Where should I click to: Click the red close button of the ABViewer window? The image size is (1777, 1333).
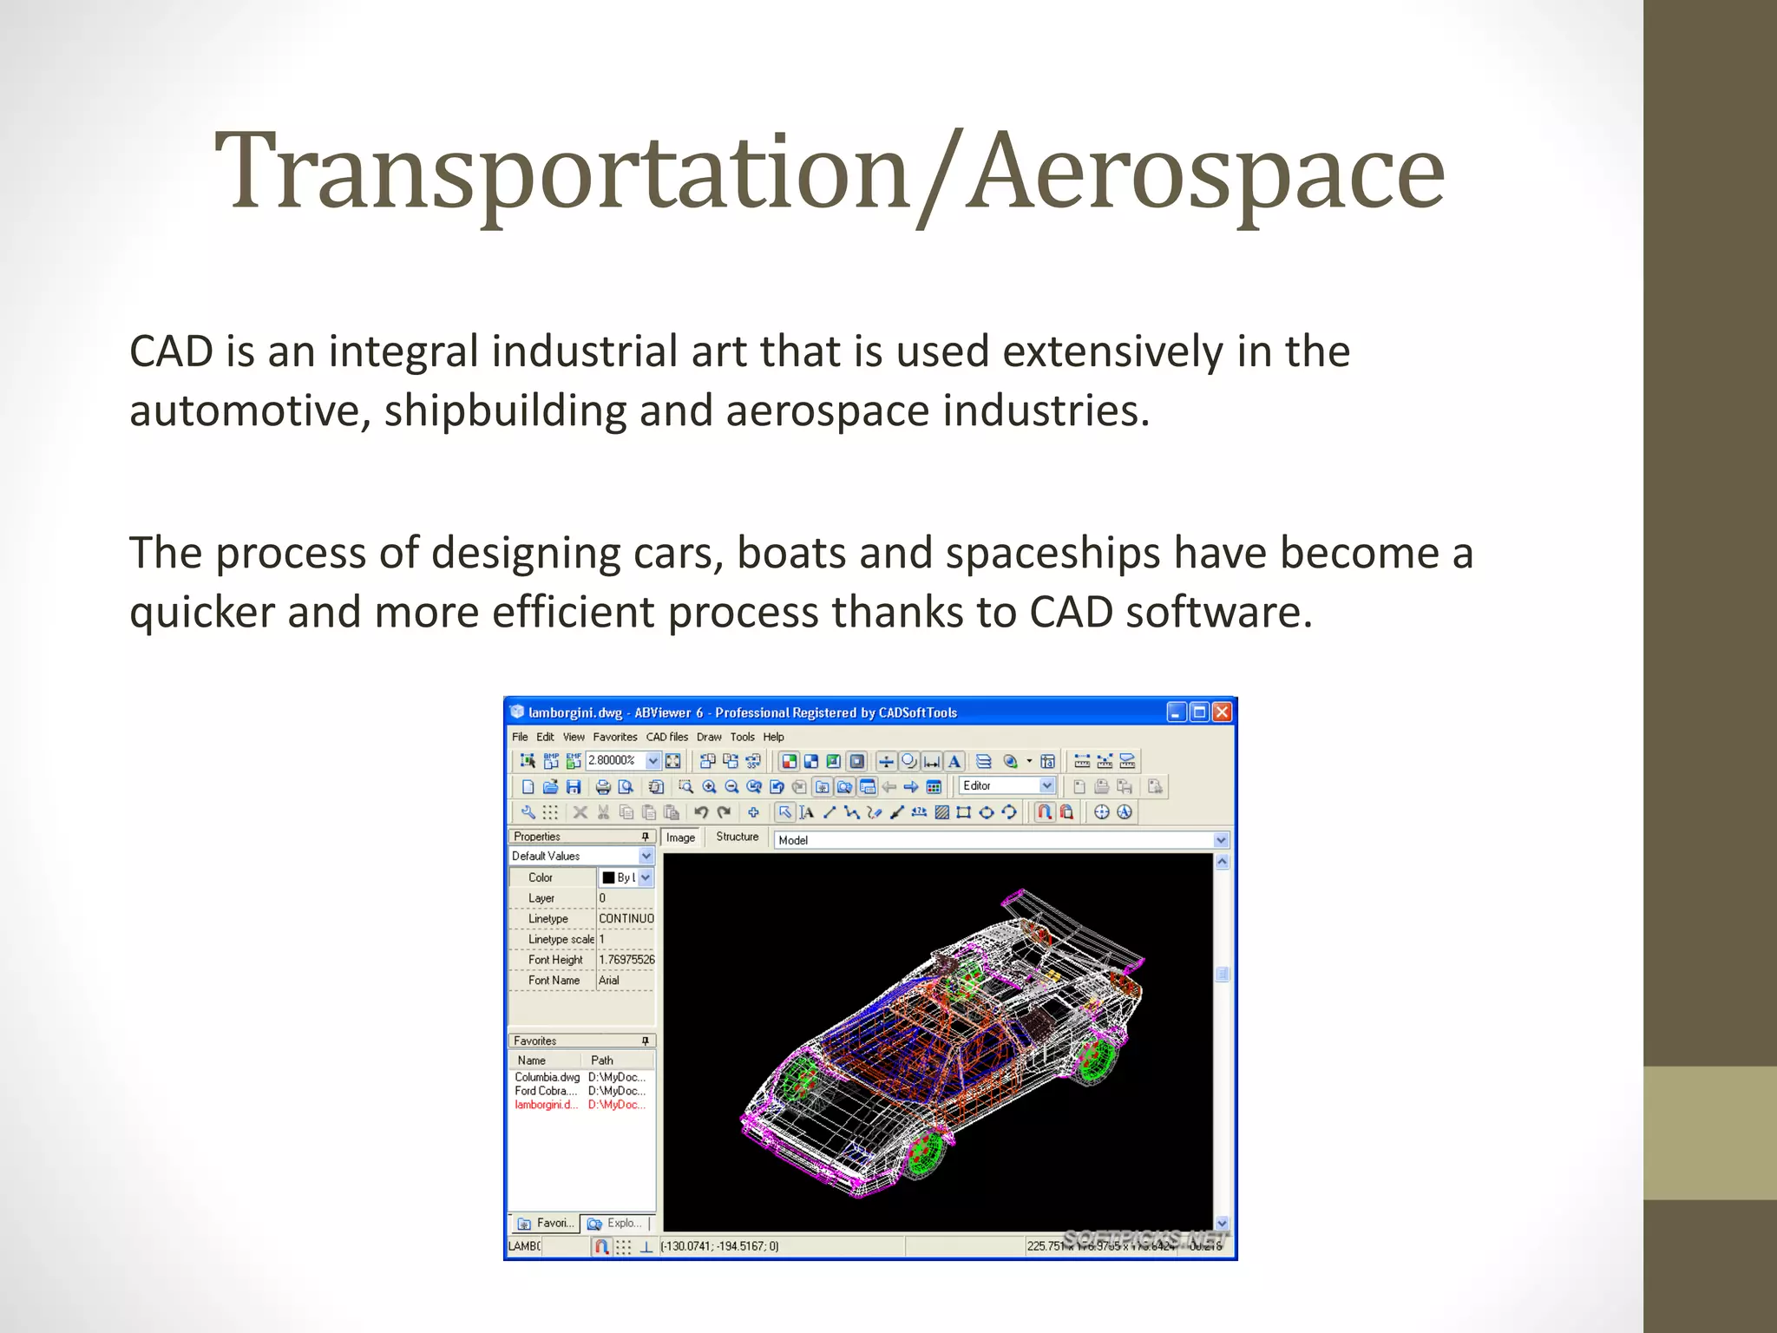coord(1222,712)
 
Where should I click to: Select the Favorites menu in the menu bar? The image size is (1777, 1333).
coord(614,737)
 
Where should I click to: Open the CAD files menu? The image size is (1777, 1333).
coord(666,737)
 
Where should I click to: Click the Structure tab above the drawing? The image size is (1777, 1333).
coord(737,837)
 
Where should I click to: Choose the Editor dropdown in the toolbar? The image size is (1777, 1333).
coord(1007,785)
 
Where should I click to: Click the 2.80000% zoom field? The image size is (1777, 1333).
coord(614,760)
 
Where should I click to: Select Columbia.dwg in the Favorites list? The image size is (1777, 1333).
coord(547,1077)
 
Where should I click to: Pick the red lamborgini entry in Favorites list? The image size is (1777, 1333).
coord(546,1105)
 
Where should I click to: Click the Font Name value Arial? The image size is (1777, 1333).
coord(610,981)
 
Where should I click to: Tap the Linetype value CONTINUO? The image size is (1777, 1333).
coord(626,918)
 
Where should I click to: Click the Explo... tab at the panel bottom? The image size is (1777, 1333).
coord(615,1223)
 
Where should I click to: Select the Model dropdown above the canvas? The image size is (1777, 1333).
coord(998,840)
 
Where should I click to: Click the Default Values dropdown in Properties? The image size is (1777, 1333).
coord(580,856)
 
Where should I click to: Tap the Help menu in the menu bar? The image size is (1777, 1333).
coord(773,737)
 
